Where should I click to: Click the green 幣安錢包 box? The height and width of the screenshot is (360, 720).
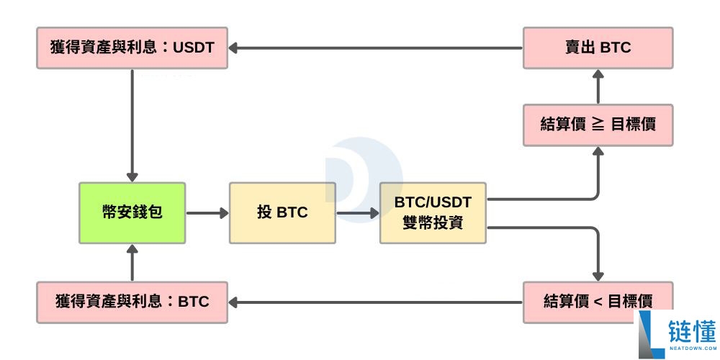pyautogui.click(x=132, y=212)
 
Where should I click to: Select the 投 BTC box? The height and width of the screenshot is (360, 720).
pyautogui.click(x=282, y=212)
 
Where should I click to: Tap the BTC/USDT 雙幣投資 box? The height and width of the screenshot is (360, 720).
pyautogui.click(x=433, y=212)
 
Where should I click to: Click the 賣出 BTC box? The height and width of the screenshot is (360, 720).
pyautogui.click(x=598, y=48)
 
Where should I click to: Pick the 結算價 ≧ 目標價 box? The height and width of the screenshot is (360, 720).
pyautogui.click(x=598, y=124)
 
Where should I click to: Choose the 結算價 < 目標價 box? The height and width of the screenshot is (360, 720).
pyautogui.click(x=598, y=301)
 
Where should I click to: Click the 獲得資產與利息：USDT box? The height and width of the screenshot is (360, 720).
pyautogui.click(x=132, y=48)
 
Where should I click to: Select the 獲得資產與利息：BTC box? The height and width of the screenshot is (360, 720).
pyautogui.click(x=132, y=302)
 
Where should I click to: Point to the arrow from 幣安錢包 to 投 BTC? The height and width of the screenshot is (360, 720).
pyautogui.click(x=207, y=212)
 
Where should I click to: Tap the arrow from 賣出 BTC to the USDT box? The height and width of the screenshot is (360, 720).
pyautogui.click(x=374, y=48)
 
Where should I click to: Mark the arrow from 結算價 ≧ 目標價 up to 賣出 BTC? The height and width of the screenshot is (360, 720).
pyautogui.click(x=598, y=86)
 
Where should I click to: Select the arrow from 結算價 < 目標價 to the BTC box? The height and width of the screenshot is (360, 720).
pyautogui.click(x=374, y=302)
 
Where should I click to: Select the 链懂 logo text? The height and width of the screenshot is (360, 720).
pyautogui.click(x=691, y=332)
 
